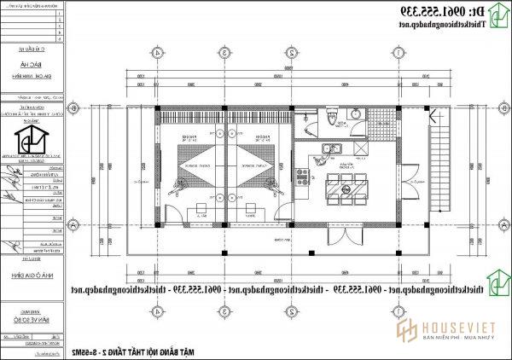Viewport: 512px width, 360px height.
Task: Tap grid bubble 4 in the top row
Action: click(159, 52)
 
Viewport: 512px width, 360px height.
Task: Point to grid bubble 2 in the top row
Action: click(293, 52)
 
